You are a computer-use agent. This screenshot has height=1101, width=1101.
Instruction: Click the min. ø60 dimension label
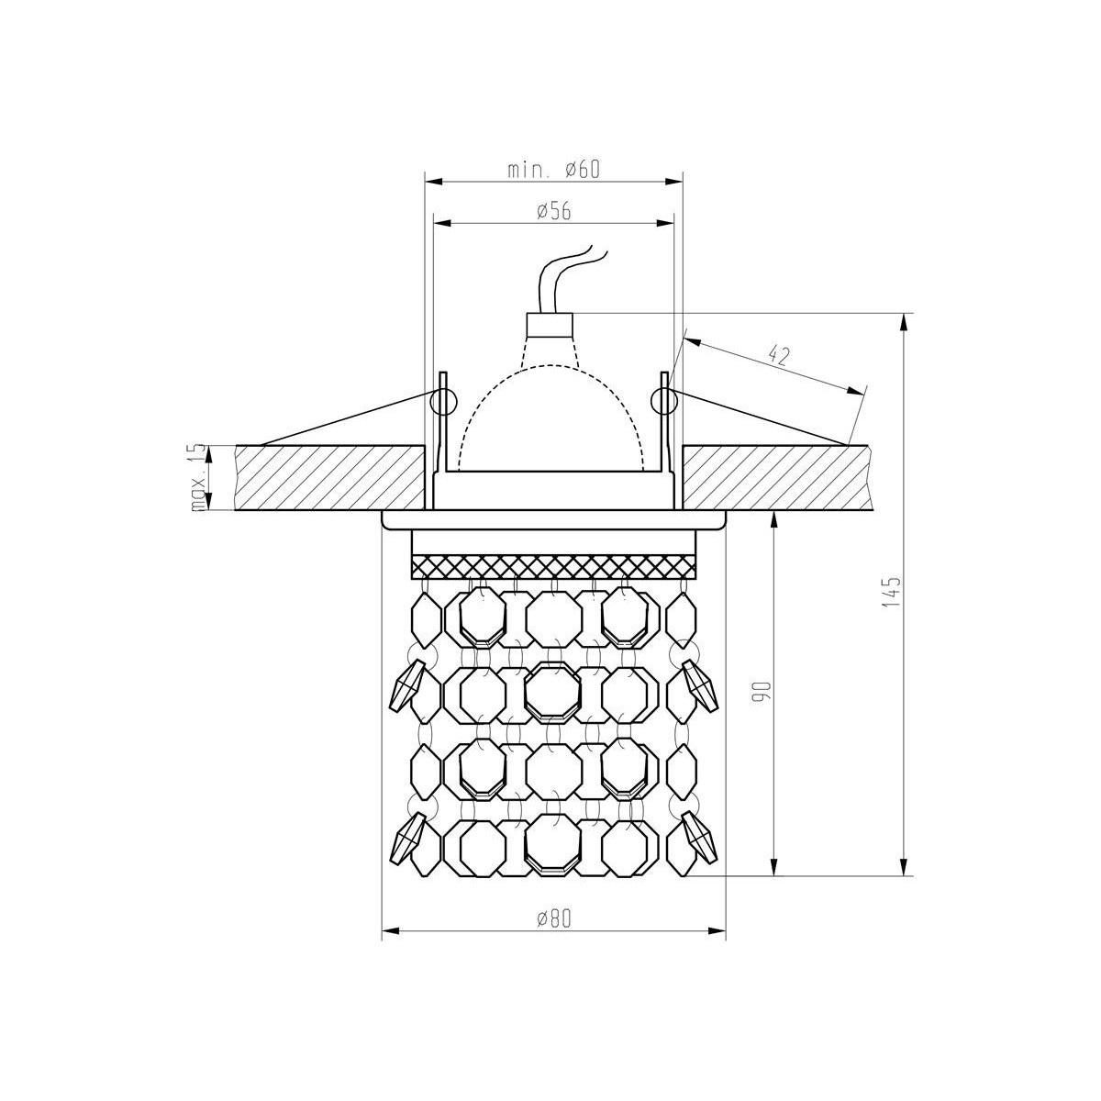[553, 169]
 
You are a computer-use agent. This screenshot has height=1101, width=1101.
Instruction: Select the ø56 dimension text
[553, 210]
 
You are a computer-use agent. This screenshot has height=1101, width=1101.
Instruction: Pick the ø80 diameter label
[553, 918]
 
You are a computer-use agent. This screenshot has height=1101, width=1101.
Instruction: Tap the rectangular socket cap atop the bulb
[550, 325]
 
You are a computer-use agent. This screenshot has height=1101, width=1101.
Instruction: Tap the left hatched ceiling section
[330, 478]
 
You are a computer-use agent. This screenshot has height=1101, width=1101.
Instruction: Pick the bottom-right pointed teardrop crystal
[699, 837]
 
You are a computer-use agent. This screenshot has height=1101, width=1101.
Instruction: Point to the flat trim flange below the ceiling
[554, 520]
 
